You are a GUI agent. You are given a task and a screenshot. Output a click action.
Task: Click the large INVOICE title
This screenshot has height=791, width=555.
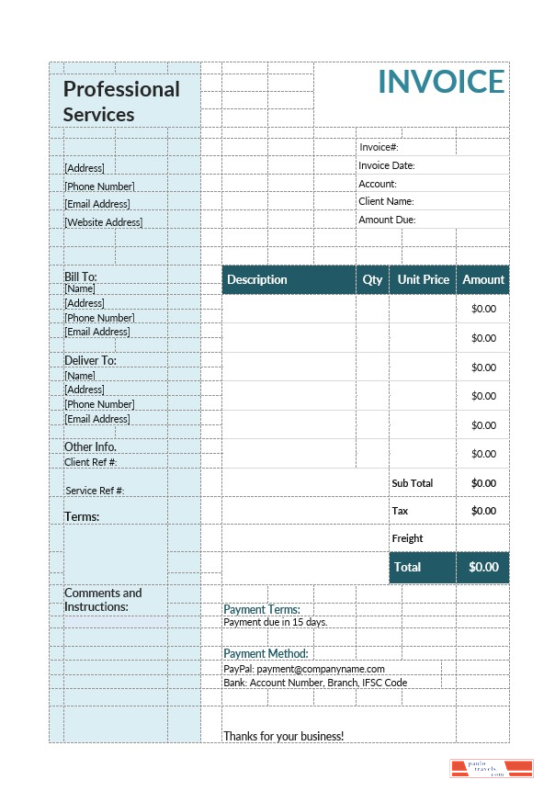[x=441, y=82]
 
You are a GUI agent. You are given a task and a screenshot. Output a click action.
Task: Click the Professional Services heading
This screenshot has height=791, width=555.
[x=121, y=102]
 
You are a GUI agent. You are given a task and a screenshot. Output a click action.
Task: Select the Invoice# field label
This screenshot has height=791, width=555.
[x=379, y=147]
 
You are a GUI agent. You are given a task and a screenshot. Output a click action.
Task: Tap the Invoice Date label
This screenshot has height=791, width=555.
[x=387, y=165]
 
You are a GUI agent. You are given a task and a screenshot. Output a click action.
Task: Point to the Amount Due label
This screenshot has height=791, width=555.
[x=387, y=220]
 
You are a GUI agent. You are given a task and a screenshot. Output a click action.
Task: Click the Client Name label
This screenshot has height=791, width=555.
[x=386, y=201]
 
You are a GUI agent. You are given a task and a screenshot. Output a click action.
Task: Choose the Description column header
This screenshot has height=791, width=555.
[x=257, y=279]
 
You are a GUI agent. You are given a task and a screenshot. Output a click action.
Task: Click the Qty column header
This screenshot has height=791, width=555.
[x=372, y=279]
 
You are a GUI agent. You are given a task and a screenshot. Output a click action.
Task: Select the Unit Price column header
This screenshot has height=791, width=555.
[x=423, y=279]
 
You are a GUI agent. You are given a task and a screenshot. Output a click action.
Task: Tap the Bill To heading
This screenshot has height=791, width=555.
[x=80, y=277]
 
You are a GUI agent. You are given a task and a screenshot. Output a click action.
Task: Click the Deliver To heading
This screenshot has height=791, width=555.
[x=90, y=360]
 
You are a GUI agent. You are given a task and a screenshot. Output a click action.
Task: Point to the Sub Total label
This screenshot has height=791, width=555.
[x=412, y=483]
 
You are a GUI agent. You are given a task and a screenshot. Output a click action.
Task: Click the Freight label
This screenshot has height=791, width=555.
[x=407, y=538]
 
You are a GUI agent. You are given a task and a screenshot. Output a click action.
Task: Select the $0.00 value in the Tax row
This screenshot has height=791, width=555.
[x=483, y=511]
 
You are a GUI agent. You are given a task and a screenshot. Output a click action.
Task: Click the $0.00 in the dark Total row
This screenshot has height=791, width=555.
[x=483, y=567]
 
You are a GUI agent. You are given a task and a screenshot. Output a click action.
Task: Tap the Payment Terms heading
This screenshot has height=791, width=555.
[x=262, y=609]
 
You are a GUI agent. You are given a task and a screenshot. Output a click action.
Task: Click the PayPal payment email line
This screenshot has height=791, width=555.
[x=304, y=669]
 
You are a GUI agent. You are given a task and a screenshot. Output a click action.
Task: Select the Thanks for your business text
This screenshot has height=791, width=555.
[x=283, y=736]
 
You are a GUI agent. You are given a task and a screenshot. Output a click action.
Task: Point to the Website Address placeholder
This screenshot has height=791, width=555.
[x=103, y=222]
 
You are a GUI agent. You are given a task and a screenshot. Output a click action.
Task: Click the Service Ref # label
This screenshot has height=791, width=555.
[x=95, y=491]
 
